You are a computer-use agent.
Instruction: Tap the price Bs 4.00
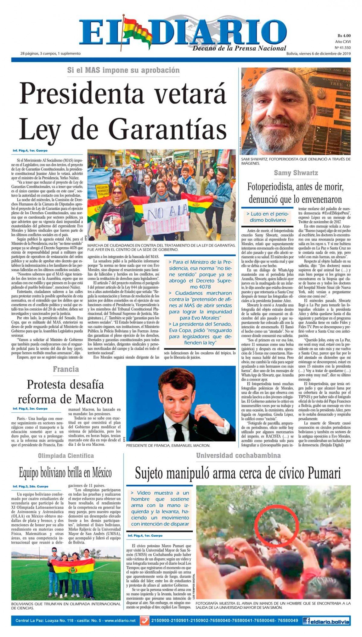(x=344, y=36)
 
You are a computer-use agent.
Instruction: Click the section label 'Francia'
(x=66, y=369)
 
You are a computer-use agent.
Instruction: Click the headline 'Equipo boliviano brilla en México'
(x=65, y=473)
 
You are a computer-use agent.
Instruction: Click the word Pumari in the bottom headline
(x=324, y=473)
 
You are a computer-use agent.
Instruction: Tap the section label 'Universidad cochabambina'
(x=238, y=456)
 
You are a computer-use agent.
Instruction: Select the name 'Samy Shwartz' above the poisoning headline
(x=296, y=173)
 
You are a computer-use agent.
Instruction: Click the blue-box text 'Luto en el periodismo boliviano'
(x=268, y=217)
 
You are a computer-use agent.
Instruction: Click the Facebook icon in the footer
(x=306, y=621)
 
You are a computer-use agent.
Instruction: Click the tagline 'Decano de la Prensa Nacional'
(x=239, y=48)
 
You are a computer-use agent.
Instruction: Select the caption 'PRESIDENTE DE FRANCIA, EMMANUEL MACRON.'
(x=168, y=445)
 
